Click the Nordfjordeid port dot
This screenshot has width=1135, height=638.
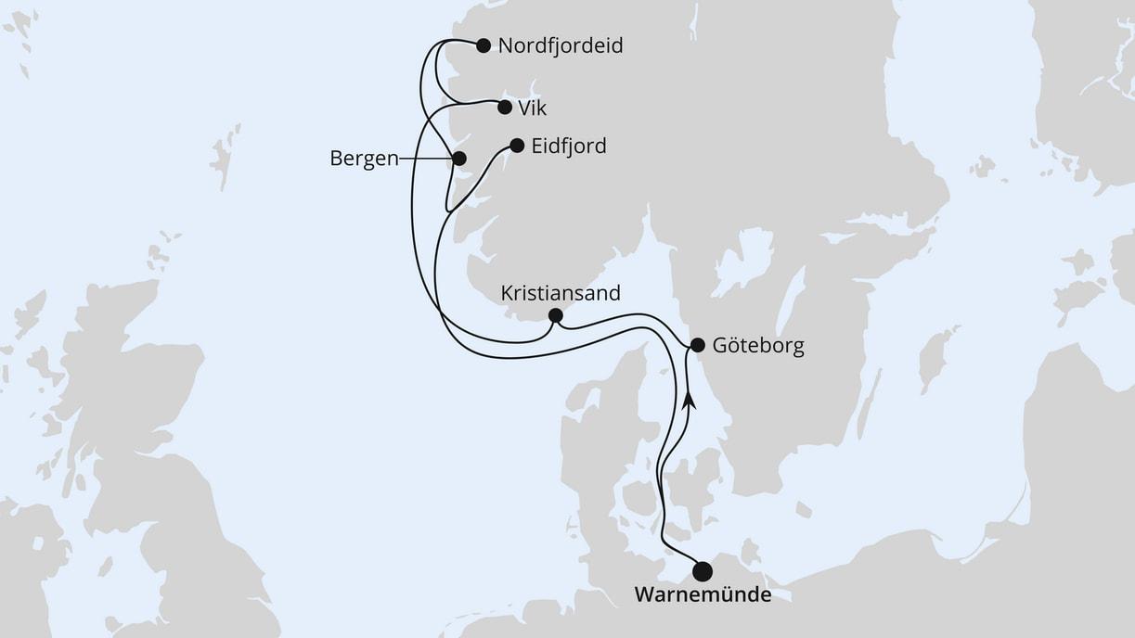click(x=483, y=45)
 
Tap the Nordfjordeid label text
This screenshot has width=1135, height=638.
click(x=560, y=45)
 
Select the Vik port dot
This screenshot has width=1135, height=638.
click(x=505, y=107)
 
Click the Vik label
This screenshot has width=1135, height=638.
click(x=533, y=108)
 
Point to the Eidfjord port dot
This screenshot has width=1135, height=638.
click(x=517, y=146)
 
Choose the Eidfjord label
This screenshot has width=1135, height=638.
click(x=569, y=147)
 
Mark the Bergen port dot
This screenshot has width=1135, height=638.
click(x=458, y=159)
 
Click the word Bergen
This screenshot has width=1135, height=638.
click(x=364, y=159)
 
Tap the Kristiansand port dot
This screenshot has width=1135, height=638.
click(x=555, y=315)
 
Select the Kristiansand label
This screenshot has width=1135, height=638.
click(x=561, y=293)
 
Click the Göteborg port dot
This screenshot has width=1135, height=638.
click(x=697, y=345)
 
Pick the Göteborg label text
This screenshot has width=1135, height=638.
click(x=758, y=347)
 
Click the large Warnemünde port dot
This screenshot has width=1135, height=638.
click(x=703, y=570)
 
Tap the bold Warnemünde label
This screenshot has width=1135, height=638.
click(x=703, y=595)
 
